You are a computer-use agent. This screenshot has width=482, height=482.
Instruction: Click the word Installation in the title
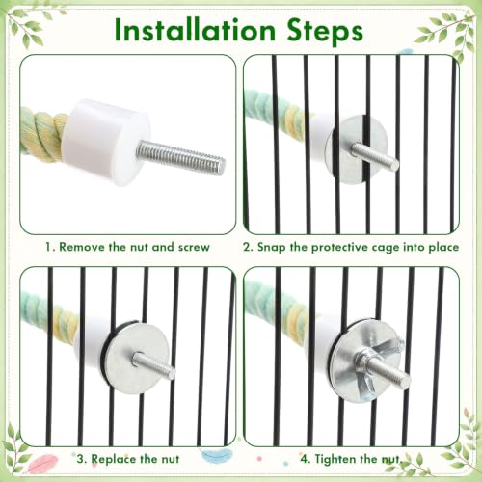(x=195, y=30)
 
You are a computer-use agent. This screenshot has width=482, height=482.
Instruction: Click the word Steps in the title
(x=325, y=31)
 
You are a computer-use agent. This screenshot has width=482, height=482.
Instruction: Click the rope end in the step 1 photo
(x=43, y=135)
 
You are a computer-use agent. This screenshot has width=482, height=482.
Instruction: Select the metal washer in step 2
(x=356, y=149)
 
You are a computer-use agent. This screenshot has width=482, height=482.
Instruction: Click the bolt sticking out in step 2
(x=375, y=157)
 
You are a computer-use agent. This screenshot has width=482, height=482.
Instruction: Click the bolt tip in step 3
(x=173, y=373)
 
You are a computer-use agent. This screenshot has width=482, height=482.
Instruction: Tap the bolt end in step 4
(x=406, y=380)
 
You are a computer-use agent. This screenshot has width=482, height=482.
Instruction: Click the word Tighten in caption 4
(x=335, y=459)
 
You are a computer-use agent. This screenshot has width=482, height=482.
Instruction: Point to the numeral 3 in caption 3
(x=80, y=459)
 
